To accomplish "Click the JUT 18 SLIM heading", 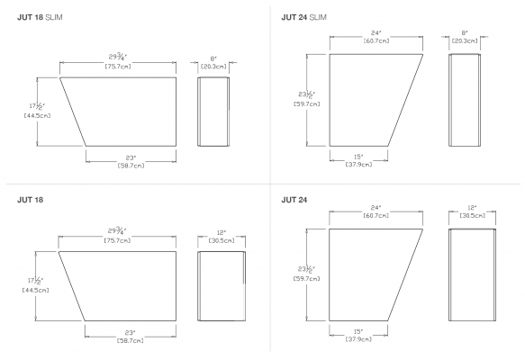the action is pyautogui.click(x=40, y=17).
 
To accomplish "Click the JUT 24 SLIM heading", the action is pyautogui.click(x=304, y=17).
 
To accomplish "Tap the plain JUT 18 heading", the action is pyautogui.click(x=30, y=200).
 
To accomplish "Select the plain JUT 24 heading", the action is pyautogui.click(x=294, y=200).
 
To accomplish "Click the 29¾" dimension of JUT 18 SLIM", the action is pyautogui.click(x=118, y=57).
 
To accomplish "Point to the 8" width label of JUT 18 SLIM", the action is pyautogui.click(x=213, y=58).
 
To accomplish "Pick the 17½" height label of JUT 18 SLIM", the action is pyautogui.click(x=37, y=106).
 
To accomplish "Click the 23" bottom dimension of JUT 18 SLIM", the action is pyautogui.click(x=131, y=157).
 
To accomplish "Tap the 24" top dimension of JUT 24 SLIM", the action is pyautogui.click(x=376, y=33).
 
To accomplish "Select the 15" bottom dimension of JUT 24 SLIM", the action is pyautogui.click(x=358, y=157).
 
